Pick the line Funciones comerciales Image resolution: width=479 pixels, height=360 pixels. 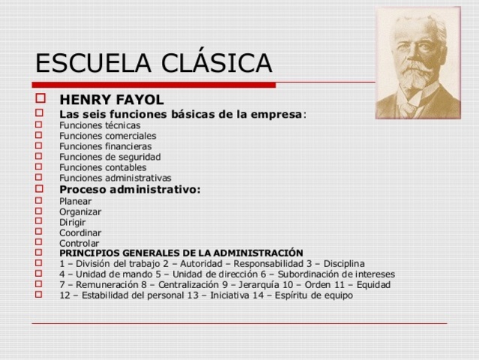tap(108, 136)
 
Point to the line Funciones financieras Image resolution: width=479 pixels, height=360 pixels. tap(106, 146)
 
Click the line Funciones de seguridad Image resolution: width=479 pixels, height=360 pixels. tap(110, 157)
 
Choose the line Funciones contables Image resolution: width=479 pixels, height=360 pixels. tap(103, 167)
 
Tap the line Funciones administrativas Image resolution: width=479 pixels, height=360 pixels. tap(115, 178)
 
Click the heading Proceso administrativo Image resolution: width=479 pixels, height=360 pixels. tap(130, 189)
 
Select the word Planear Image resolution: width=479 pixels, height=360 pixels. tap(76, 201)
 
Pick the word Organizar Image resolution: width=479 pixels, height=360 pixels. tap(80, 211)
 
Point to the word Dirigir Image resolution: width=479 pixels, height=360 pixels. tap(73, 222)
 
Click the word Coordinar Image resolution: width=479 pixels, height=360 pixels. tap(80, 232)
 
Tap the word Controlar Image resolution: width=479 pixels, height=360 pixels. tap(79, 243)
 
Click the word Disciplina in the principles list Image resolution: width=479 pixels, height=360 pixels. tap(342, 264)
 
